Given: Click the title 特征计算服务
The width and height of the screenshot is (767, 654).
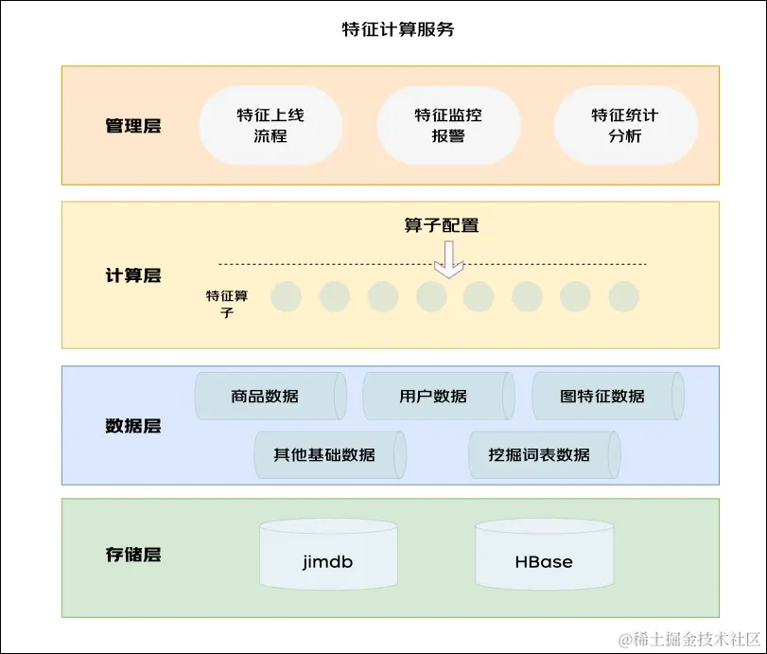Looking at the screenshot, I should pos(397,30).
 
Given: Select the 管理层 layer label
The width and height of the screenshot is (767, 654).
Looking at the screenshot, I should pos(133,126).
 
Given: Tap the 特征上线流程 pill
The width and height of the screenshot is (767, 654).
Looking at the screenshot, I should pos(270,126).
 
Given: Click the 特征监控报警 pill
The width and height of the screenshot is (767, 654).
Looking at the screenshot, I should pos(448,126).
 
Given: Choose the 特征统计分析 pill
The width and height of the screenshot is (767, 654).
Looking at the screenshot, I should pos(625,126).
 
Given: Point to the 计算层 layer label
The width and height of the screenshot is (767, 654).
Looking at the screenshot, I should pos(133,276).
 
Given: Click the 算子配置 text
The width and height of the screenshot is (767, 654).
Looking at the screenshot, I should pos(442,226).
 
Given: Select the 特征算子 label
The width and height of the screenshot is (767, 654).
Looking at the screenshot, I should pos(227,304).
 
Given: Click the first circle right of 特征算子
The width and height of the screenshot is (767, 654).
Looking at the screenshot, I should pos(286,297).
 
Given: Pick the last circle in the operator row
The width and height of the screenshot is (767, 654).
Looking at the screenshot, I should pos(624,297).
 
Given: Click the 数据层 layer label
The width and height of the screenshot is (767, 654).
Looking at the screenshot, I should pos(133,426).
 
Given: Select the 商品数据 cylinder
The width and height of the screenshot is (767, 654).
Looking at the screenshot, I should pos(270,397).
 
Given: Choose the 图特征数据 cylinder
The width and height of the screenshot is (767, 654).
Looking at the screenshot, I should pos(606,397).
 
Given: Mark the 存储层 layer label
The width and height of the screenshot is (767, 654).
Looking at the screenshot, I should pos(133,555).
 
